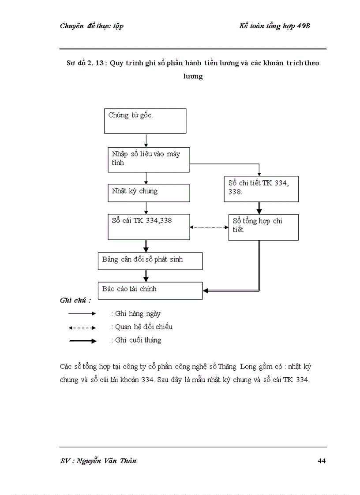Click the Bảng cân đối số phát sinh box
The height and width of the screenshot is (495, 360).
coord(150,261)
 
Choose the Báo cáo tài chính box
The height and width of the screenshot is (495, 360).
coord(150,290)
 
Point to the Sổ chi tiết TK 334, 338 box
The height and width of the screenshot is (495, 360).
coord(261,188)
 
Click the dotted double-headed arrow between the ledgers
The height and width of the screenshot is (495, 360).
coord(209,227)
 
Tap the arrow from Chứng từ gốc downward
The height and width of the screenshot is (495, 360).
coord(146,140)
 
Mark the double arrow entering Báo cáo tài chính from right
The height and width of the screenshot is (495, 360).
coord(229,290)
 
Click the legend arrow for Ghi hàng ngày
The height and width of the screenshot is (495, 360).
coord(82,314)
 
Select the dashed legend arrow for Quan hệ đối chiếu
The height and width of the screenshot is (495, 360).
coord(82,328)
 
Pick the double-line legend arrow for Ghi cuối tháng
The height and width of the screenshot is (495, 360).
coord(82,341)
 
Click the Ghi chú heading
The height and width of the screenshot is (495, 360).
coord(75,300)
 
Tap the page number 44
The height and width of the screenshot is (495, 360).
coord(321,461)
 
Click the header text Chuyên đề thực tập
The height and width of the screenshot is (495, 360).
coord(91,26)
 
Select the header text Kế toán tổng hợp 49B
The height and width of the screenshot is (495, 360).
coord(275,26)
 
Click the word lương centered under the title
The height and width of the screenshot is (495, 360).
coord(193,76)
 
